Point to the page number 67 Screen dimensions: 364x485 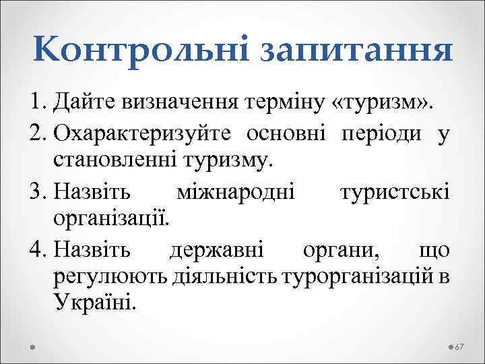[x=461, y=346]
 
